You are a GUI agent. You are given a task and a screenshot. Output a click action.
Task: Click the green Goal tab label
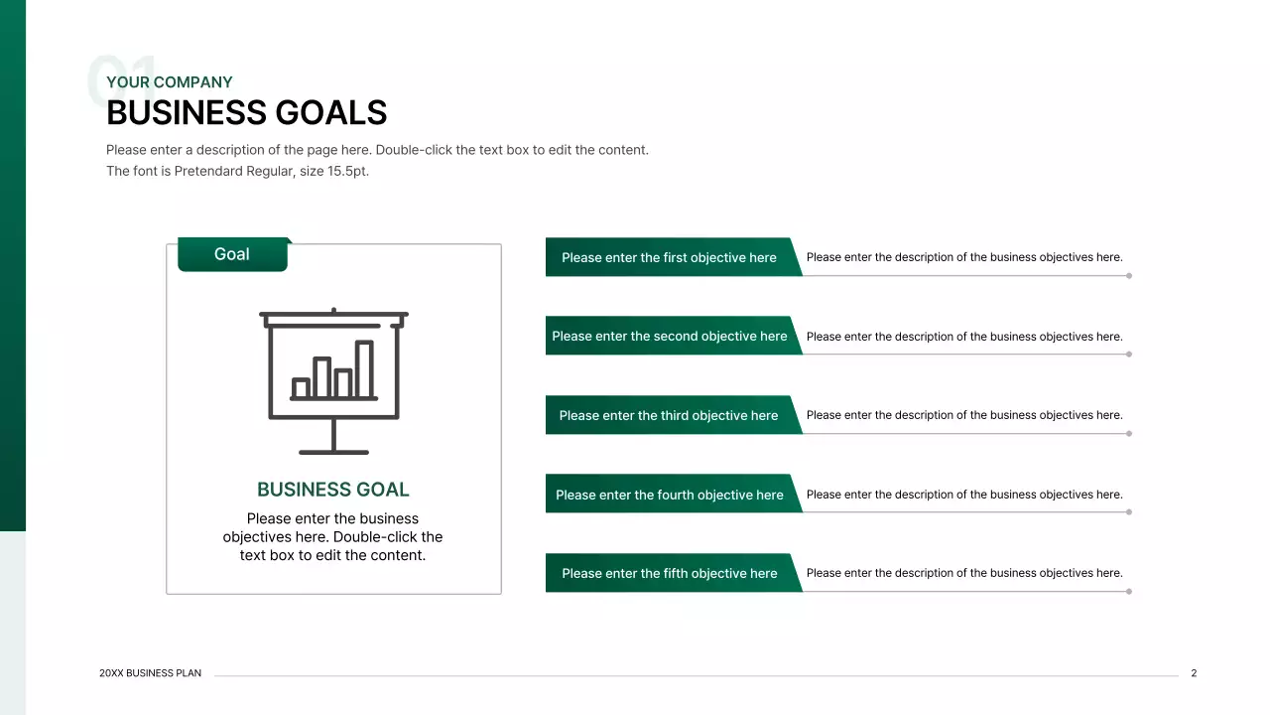click(x=232, y=254)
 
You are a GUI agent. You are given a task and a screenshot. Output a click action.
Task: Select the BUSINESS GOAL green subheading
click(x=332, y=490)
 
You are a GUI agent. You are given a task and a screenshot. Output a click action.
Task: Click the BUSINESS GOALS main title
click(x=246, y=113)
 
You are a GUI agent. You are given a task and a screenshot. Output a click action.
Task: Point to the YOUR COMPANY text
click(x=170, y=82)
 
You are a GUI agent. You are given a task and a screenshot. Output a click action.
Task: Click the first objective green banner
click(x=670, y=257)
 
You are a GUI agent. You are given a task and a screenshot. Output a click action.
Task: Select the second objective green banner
click(x=670, y=337)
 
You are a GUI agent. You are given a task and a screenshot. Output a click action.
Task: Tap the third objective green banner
click(x=670, y=415)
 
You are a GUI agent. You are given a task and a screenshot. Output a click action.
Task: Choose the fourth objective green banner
click(x=670, y=495)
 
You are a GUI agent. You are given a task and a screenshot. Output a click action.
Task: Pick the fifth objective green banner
click(x=670, y=573)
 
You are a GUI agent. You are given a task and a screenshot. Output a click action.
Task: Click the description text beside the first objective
click(x=964, y=257)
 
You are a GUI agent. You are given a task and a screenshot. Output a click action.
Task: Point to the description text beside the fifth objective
click(x=964, y=573)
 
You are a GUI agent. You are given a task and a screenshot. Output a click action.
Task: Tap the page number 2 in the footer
click(x=1194, y=673)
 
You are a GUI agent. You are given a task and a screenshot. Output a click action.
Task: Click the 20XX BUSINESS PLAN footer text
click(x=151, y=673)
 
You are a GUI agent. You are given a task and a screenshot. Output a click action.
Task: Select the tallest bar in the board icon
click(x=364, y=369)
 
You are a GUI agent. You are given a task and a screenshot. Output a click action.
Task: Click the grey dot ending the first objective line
click(x=1129, y=275)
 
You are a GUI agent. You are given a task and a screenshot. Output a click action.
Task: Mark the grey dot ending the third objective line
click(x=1129, y=433)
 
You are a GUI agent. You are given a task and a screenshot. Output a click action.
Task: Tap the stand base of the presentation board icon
click(x=333, y=452)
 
